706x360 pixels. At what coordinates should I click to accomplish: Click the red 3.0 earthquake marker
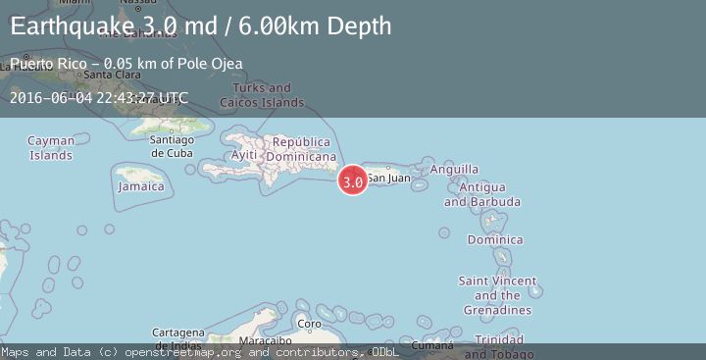click(353, 180)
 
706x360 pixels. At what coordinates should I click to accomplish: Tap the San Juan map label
click(388, 178)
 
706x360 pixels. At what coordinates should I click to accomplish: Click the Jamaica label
click(140, 186)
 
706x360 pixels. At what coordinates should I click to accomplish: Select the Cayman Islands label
click(51, 148)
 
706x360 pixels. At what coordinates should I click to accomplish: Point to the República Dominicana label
click(302, 149)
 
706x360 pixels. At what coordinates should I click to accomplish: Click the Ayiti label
click(243, 156)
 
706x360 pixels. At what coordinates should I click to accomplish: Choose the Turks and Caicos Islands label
click(262, 95)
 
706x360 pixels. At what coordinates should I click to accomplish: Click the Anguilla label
click(455, 169)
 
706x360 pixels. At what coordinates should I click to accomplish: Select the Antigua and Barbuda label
click(481, 194)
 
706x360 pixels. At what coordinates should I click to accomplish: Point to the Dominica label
click(495, 239)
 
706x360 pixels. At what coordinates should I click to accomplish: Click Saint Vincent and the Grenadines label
click(497, 295)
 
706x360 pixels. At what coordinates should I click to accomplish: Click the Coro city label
click(309, 323)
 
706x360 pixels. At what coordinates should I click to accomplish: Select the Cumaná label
click(432, 345)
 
